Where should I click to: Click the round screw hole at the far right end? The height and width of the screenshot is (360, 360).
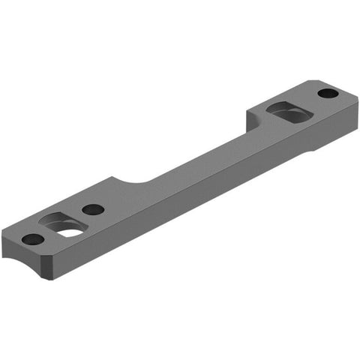point(327,94)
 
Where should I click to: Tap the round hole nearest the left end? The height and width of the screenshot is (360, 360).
point(32,240)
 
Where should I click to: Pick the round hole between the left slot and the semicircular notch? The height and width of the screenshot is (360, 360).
point(92,209)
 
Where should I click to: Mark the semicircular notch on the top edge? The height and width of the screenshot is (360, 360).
point(134,182)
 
